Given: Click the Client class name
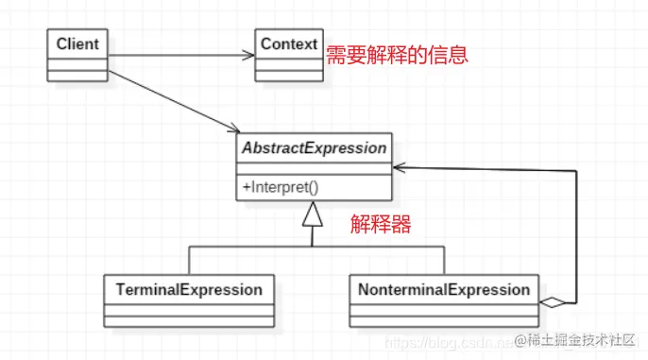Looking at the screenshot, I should pyautogui.click(x=78, y=43).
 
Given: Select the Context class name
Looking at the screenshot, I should pyautogui.click(x=289, y=44).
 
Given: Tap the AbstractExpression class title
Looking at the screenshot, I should pyautogui.click(x=315, y=148).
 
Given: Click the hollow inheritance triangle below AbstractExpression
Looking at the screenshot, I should pyautogui.click(x=312, y=216).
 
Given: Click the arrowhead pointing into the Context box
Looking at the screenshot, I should pyautogui.click(x=250, y=55).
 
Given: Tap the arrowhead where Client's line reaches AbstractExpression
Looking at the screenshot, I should pyautogui.click(x=232, y=128).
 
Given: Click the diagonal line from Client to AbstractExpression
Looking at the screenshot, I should pyautogui.click(x=170, y=98).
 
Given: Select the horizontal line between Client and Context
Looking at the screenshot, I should pyautogui.click(x=179, y=55).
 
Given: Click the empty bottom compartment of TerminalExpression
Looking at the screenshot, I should pyautogui.click(x=189, y=318).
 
